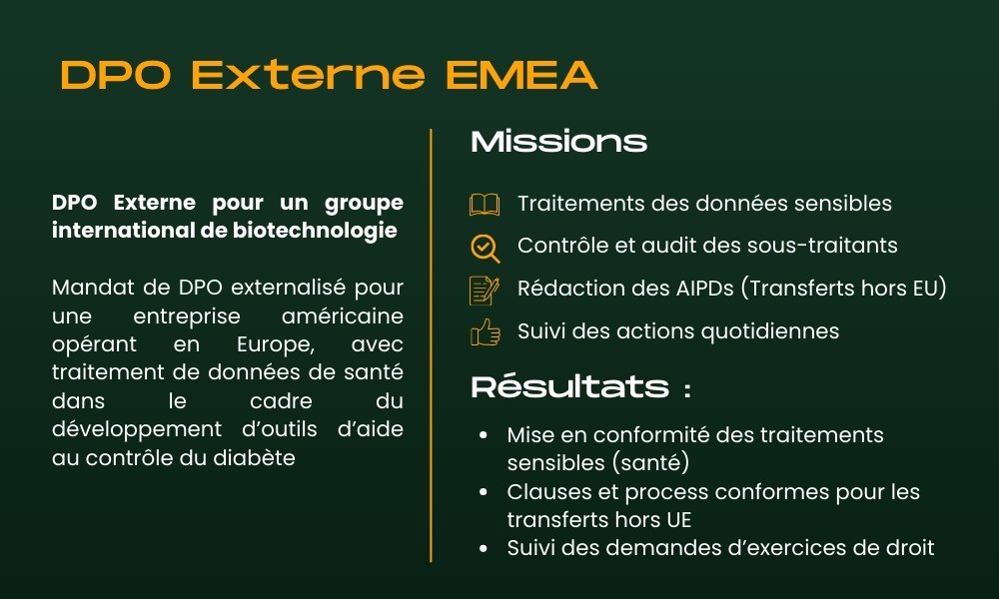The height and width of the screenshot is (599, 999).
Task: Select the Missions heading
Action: [558, 142]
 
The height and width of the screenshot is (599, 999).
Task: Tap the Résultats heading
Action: [569, 387]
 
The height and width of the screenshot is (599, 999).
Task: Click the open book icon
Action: [485, 205]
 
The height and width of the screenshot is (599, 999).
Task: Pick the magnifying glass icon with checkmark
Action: [485, 247]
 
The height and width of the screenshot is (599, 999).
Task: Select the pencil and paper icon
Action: [485, 290]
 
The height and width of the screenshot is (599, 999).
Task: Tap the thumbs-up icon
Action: [485, 331]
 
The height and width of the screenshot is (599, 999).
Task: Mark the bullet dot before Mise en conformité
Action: [484, 436]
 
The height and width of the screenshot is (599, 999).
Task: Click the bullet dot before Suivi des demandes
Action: [484, 548]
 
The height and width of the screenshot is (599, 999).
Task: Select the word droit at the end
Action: [907, 547]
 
